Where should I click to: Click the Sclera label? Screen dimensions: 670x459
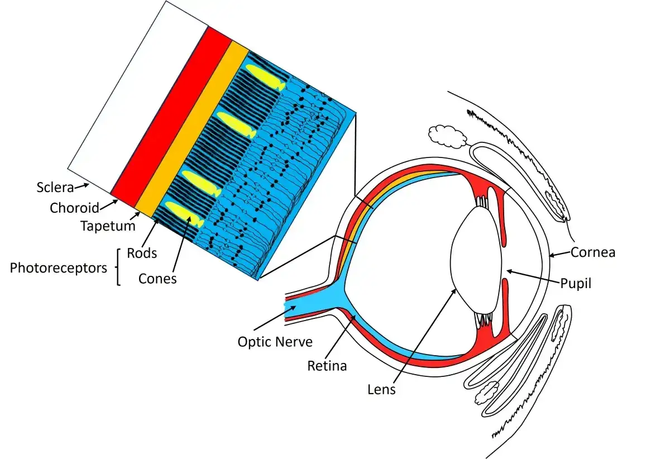[x=55, y=188]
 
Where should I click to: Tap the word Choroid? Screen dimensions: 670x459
[x=74, y=208]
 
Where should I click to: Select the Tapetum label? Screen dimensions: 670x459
[x=108, y=226]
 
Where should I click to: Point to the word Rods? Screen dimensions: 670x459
[x=142, y=253]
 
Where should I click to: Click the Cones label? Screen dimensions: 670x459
[x=157, y=279]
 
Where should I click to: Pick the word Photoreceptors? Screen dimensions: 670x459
[x=58, y=268]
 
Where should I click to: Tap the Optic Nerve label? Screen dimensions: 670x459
[x=275, y=342]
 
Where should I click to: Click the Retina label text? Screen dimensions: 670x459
[x=327, y=366]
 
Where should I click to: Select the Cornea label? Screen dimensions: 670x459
[x=593, y=252]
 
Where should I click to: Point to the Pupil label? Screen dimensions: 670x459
[x=576, y=283]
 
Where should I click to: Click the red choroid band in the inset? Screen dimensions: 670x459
[x=171, y=117]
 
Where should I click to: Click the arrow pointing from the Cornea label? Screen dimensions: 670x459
[x=560, y=254]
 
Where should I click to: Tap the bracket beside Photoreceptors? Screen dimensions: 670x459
[x=118, y=267]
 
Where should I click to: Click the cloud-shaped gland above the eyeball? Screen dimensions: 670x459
[x=447, y=137]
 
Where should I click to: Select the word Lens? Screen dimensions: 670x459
[x=381, y=390]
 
